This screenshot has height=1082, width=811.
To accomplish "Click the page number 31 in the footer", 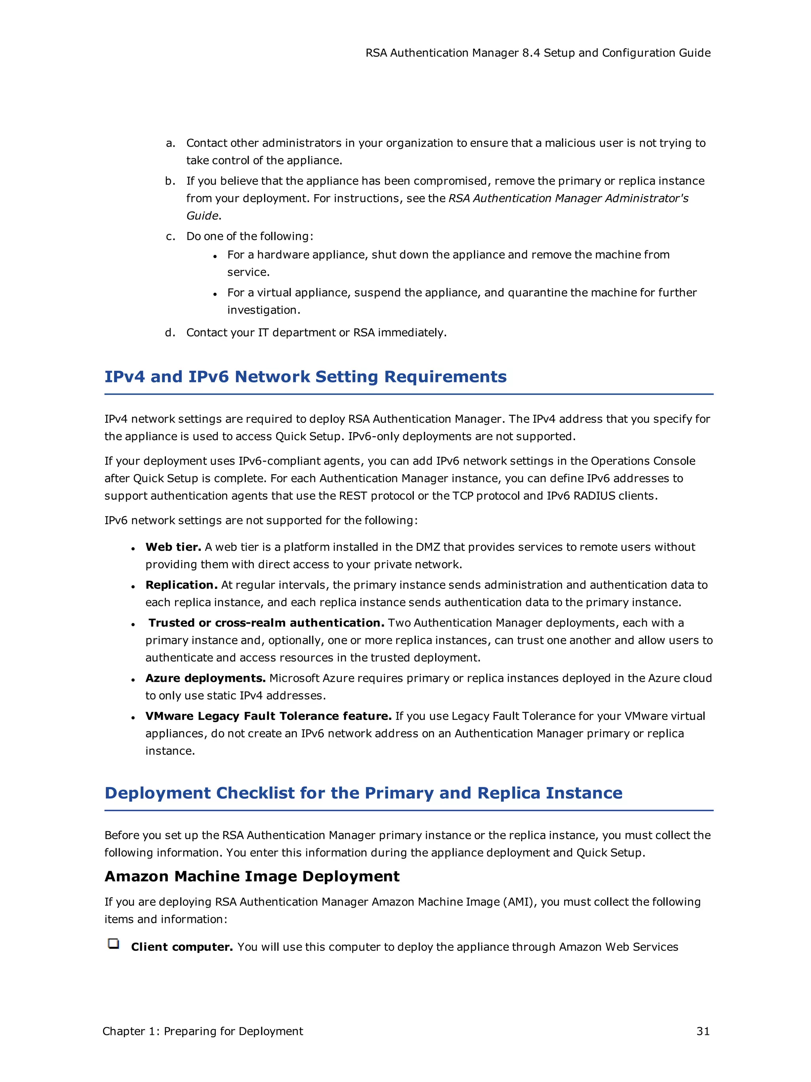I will pos(702,1031).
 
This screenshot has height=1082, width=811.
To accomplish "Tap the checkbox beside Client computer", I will pos(113,944).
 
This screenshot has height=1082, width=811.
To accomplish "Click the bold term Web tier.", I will pos(173,547).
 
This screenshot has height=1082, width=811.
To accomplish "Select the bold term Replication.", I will pos(181,585).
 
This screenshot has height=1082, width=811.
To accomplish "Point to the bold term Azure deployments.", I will pos(205,678).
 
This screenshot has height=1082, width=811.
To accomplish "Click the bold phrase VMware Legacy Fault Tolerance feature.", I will pos(268,716).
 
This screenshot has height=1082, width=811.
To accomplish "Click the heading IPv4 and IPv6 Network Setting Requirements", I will pos(306,377).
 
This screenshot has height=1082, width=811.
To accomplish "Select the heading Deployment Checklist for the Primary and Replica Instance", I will pos(363,793).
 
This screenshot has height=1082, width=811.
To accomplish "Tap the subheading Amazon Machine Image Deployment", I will pos(252,876).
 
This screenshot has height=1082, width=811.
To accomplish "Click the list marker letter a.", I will pos(170,143).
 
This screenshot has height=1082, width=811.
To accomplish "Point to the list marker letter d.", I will pos(169,333).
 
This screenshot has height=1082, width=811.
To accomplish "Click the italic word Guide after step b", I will pos(202,216).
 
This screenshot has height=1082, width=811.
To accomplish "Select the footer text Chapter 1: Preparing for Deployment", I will pos(202,1031).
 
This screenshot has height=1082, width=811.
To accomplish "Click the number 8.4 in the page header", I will pos(531,53).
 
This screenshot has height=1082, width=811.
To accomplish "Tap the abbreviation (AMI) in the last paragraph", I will pos(520,901).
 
